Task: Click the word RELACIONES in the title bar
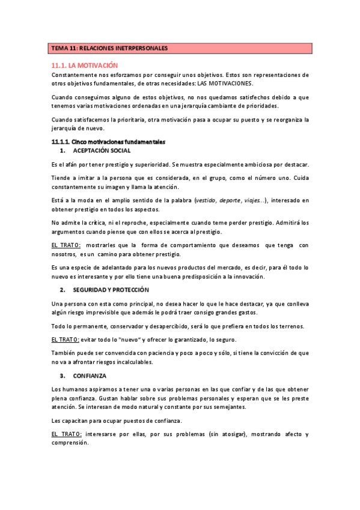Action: coord(95,48)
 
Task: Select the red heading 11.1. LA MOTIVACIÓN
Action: coord(85,64)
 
